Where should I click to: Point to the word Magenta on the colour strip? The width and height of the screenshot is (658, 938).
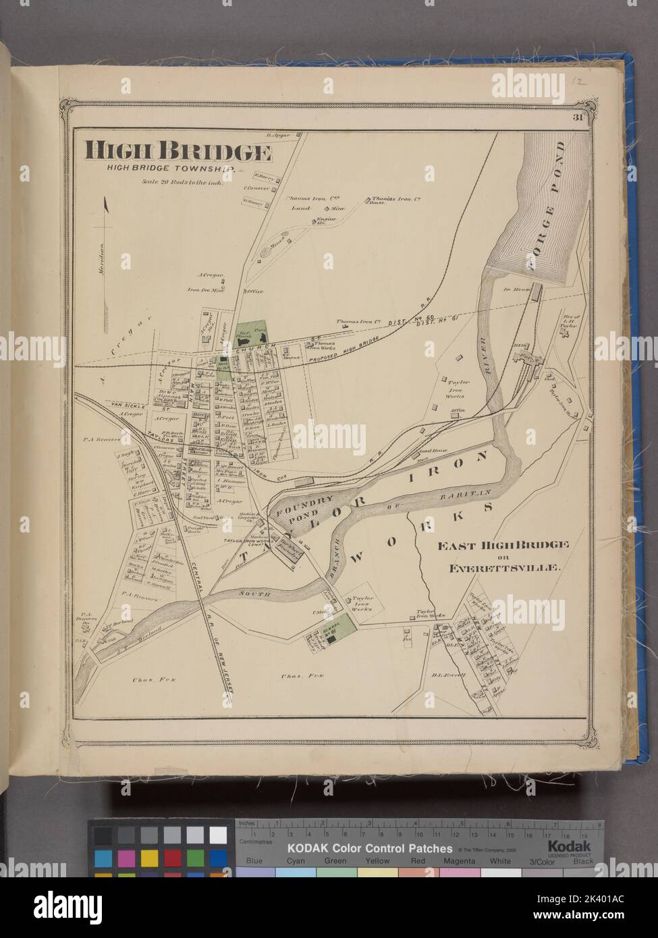(x=460, y=860)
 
